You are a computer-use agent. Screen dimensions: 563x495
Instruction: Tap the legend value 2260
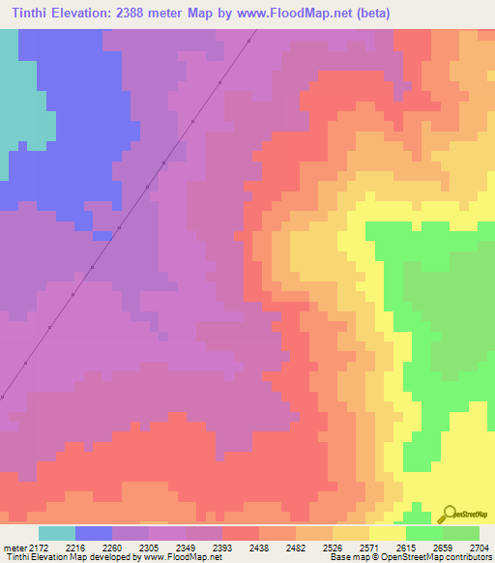point(112,547)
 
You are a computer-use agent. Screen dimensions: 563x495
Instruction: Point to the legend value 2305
point(149,547)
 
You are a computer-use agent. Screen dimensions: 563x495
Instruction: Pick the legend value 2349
point(186,547)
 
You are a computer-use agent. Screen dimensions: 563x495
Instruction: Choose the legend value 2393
point(222,547)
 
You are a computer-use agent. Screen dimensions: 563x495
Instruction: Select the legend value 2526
point(333,547)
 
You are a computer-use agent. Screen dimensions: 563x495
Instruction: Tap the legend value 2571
point(369,547)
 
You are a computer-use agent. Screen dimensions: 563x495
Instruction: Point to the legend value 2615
point(406,547)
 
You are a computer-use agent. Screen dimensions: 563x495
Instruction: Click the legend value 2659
point(443,547)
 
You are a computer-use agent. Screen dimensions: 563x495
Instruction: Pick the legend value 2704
point(479,547)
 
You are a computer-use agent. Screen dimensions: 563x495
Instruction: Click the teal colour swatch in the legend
point(57,533)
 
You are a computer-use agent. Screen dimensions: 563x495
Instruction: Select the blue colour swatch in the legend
point(94,533)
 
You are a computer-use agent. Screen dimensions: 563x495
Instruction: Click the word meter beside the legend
point(15,547)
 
